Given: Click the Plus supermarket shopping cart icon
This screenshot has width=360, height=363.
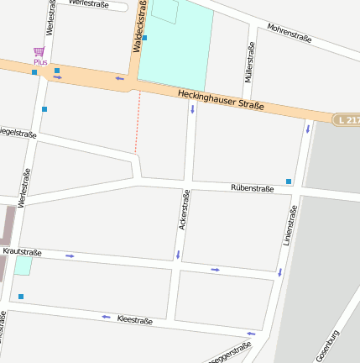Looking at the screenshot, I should tap(39, 52).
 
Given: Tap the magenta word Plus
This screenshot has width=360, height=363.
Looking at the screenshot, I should tap(39, 62).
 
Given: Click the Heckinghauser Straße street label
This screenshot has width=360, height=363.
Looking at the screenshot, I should tap(221, 101).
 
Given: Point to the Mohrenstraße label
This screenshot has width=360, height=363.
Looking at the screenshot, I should tap(290, 33).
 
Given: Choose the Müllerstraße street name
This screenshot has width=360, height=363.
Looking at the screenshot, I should tap(250, 61).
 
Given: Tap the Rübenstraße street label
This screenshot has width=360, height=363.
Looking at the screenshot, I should tap(252, 188).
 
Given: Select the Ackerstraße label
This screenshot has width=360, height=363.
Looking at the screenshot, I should tap(184, 210).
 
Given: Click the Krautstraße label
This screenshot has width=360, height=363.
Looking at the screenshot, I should tap(23, 251).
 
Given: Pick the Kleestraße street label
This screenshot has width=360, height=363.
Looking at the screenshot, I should tap(135, 320).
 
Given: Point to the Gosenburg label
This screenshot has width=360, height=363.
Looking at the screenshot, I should tap(328, 345).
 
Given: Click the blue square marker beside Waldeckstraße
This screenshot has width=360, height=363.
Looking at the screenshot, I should tap(144, 38).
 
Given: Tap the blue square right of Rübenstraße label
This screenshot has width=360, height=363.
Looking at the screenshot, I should tap(289, 181).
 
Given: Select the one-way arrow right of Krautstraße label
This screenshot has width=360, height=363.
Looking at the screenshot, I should tap(70, 255).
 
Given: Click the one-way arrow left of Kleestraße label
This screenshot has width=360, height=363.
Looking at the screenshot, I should tap(106, 317).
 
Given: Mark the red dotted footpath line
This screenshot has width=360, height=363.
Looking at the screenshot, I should tap(137, 122).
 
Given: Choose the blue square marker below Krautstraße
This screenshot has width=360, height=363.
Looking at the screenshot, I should tap(21, 296).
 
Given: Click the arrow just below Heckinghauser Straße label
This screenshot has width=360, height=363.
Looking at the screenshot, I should tap(192, 109).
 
